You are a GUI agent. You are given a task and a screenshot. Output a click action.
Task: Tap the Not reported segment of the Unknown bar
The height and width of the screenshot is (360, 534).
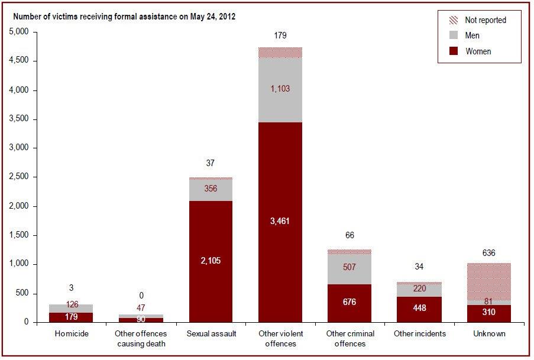point(488,278)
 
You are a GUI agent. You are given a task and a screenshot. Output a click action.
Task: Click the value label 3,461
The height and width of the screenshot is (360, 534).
point(280,221)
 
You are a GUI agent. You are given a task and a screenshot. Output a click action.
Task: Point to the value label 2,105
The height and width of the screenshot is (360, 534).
point(211,261)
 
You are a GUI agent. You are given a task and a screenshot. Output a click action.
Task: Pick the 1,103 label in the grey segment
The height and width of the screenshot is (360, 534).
point(280,89)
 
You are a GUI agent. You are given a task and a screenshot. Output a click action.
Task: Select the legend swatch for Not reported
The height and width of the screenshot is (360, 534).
point(454,20)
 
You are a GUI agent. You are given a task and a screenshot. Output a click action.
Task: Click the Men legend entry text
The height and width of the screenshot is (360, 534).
point(472,35)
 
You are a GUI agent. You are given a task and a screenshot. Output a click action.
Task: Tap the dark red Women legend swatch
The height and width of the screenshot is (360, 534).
point(454,51)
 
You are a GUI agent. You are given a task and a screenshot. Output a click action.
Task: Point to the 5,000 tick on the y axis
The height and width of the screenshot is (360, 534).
point(20,32)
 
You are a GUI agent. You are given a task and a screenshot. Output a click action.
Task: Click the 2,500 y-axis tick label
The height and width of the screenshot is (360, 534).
point(20,177)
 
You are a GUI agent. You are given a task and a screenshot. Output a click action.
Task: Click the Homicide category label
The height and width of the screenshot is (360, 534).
point(71,334)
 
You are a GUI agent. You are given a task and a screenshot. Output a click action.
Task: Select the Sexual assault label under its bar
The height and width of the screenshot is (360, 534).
point(211,334)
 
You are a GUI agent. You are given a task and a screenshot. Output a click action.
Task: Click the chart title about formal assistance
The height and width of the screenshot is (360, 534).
point(125,17)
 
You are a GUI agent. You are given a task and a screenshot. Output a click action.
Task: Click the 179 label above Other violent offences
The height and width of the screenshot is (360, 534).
point(280,35)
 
